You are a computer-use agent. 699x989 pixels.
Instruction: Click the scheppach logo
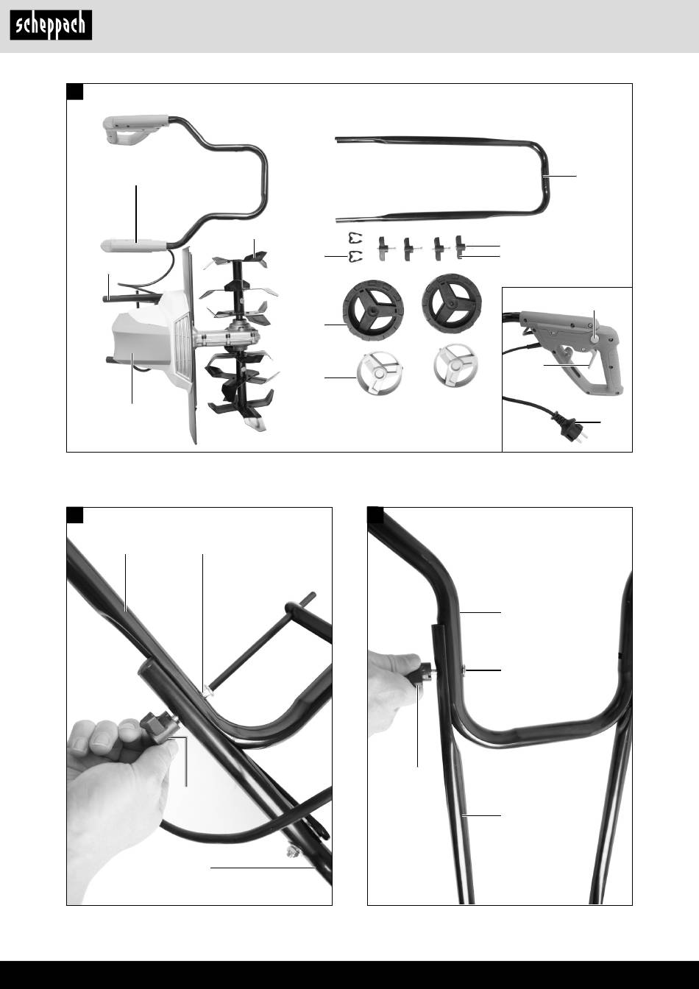click(x=51, y=25)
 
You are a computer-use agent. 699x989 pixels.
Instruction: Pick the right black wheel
click(x=452, y=302)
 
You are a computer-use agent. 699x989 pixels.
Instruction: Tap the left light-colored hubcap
click(x=380, y=373)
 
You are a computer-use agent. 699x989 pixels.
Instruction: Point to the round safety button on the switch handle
click(x=595, y=339)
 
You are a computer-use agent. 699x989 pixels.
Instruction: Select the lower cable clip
click(x=355, y=256)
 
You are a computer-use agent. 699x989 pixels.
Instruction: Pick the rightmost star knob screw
click(x=460, y=248)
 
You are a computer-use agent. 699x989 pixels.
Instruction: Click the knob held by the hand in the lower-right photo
click(x=422, y=675)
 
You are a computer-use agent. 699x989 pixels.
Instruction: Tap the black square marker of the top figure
click(x=74, y=91)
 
